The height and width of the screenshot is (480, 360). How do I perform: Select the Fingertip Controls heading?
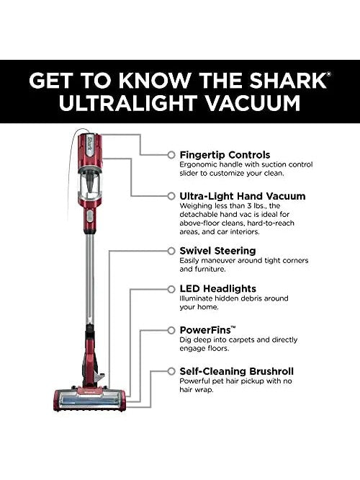tap(225, 154)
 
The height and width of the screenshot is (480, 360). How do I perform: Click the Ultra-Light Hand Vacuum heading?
tap(242, 196)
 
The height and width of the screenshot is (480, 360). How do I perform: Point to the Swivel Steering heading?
tap(217, 251)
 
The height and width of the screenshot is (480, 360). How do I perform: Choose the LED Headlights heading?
tap(217, 289)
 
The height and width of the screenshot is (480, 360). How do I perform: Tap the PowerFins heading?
tap(207, 330)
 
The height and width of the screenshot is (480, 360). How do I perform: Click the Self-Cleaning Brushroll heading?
tap(236, 371)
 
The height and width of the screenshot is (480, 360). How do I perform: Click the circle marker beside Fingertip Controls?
tap(171, 155)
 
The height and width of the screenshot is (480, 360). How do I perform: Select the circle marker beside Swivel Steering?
tap(171, 251)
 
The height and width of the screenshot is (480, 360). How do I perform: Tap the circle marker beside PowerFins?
tap(171, 330)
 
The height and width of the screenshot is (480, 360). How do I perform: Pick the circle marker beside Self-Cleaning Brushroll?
tap(171, 371)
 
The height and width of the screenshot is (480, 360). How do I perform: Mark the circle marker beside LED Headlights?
tap(171, 289)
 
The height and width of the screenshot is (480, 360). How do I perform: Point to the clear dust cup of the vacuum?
tap(89, 182)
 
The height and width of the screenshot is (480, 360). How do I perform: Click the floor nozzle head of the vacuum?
tap(89, 399)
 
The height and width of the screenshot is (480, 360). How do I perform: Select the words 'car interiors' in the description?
tap(238, 232)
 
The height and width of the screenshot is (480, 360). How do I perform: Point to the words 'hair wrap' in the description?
tap(197, 390)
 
